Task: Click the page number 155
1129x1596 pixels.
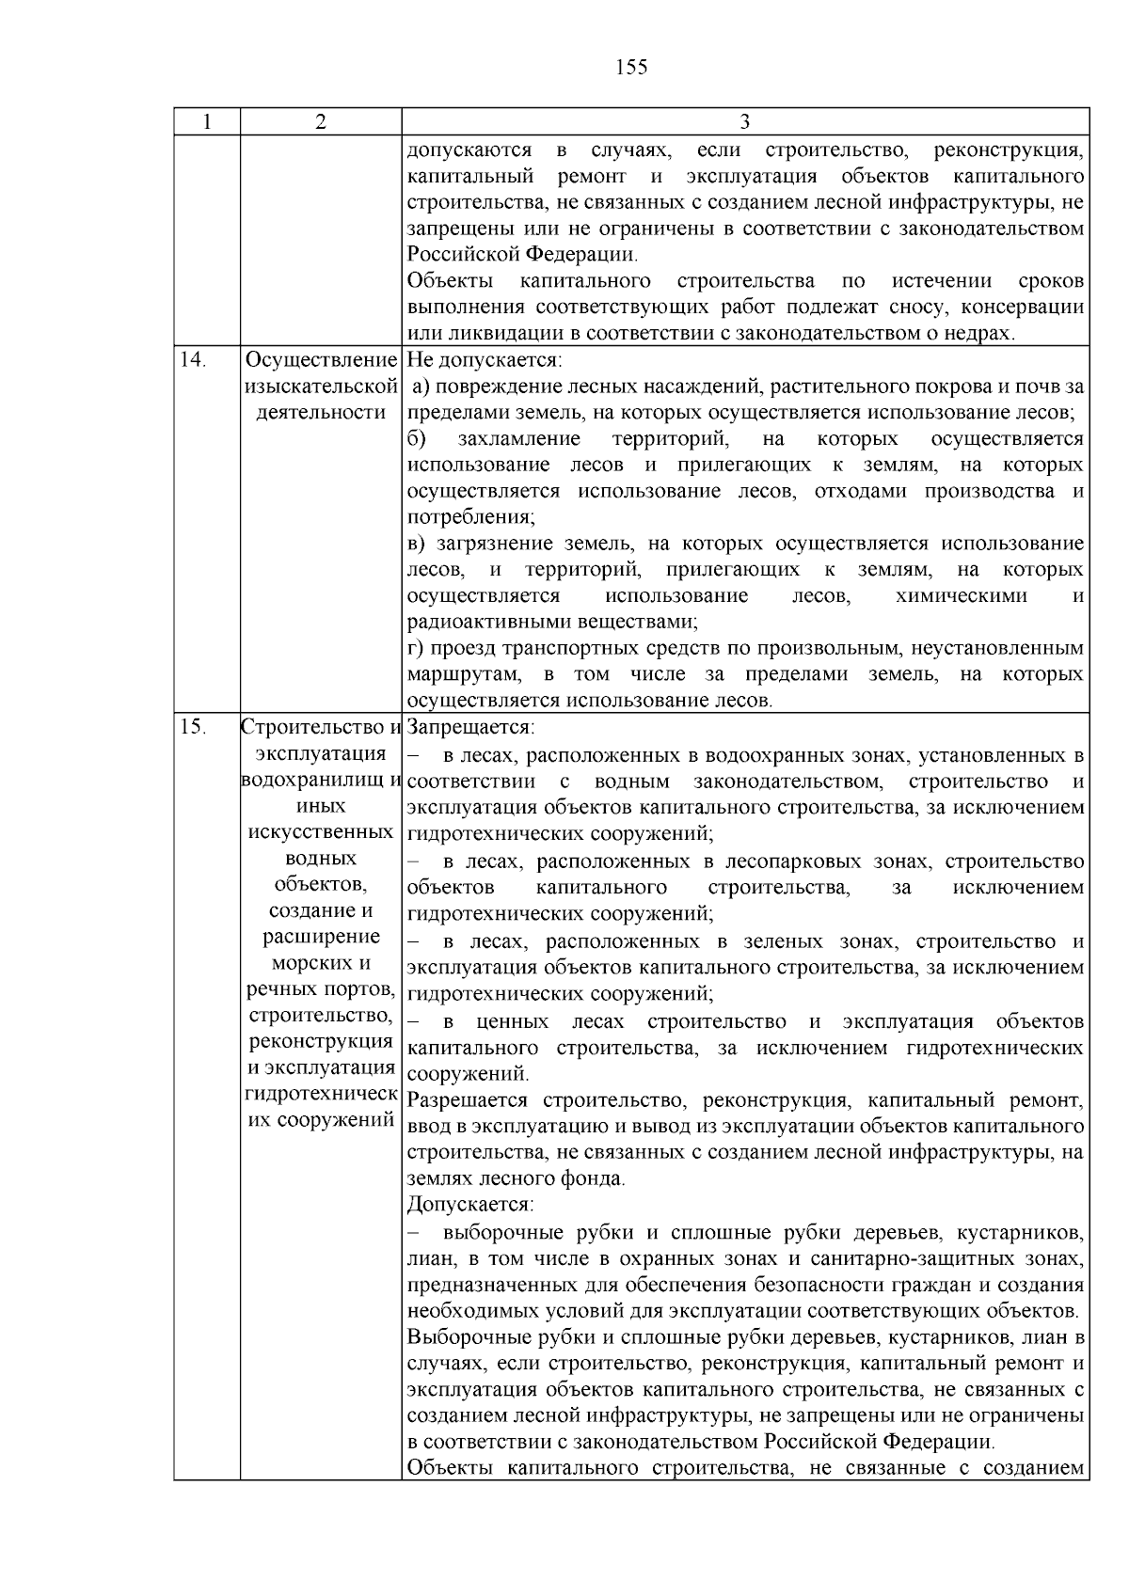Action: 631,67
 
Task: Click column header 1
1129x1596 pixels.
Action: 207,122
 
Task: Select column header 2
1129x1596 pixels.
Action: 321,122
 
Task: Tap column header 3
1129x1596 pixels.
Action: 744,122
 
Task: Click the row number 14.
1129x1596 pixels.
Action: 192,359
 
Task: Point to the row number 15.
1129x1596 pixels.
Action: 192,727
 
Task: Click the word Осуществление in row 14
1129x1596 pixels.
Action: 321,360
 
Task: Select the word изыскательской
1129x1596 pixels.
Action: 321,387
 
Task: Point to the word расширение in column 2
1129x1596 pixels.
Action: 321,937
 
